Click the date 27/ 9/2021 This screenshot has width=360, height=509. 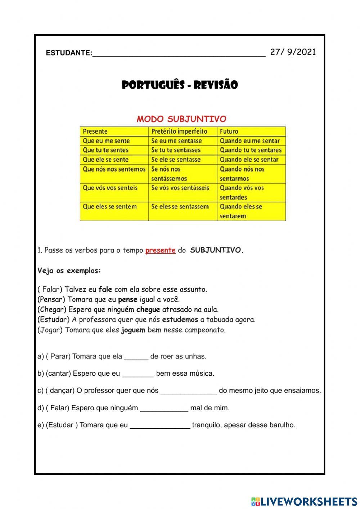point(293,52)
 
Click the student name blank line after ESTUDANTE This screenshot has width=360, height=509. point(179,54)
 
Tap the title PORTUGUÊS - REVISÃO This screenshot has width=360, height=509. point(180,85)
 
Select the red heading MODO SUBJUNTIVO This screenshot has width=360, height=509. point(181,119)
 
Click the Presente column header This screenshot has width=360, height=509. point(95,131)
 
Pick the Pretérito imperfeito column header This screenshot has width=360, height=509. point(179,131)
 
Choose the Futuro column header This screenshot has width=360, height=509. point(229,131)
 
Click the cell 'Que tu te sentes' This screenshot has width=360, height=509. point(105,150)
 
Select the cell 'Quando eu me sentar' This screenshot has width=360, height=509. point(249,141)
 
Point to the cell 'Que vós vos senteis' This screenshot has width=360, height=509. point(110,188)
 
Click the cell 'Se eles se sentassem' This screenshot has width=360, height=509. point(180,207)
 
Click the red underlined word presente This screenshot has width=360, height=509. point(160,250)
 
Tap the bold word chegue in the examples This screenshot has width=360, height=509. point(148,309)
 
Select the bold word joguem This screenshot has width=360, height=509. point(133,330)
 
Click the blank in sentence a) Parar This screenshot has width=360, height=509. point(136,357)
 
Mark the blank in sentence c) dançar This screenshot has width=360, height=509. point(189,391)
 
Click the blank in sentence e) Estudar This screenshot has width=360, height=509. point(160,426)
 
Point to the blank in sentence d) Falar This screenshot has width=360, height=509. point(164,408)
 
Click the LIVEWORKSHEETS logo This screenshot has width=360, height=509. point(304,501)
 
